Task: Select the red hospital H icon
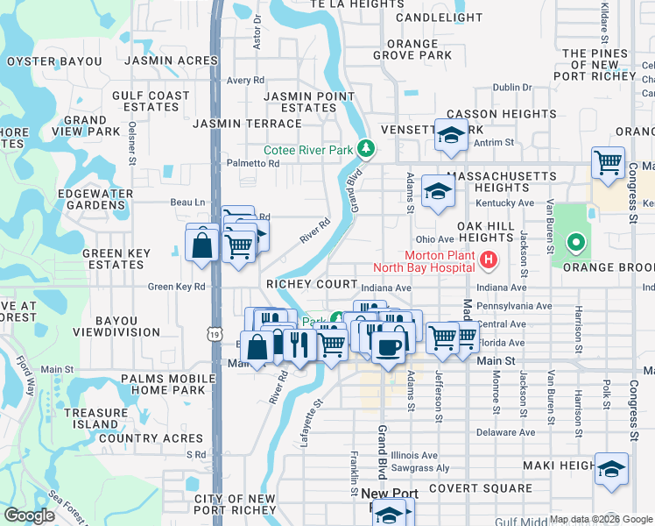pyautogui.click(x=489, y=259)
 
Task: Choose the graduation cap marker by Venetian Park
pyautogui.click(x=451, y=135)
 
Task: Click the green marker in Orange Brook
pyautogui.click(x=575, y=242)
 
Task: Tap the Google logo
pyautogui.click(x=30, y=515)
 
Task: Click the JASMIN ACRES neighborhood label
pyautogui.click(x=171, y=60)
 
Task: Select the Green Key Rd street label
pyautogui.click(x=176, y=286)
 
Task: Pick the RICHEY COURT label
pyautogui.click(x=312, y=285)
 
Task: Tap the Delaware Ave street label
pyautogui.click(x=506, y=433)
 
